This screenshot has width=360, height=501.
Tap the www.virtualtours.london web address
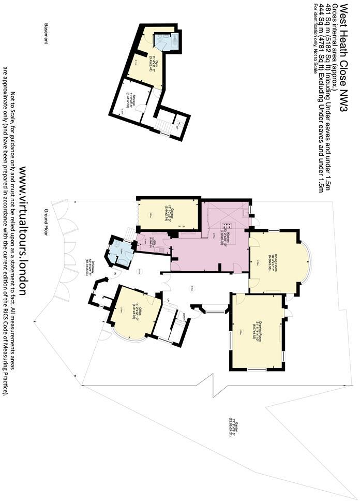[x=23, y=233]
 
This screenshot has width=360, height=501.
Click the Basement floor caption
[x=46, y=34]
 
